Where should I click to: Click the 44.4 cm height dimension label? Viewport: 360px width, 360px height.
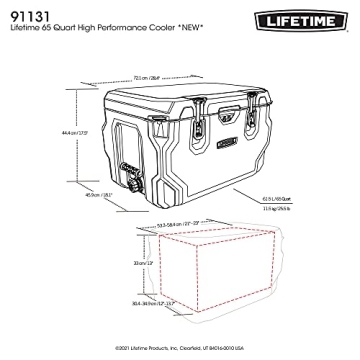[x=68, y=133]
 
